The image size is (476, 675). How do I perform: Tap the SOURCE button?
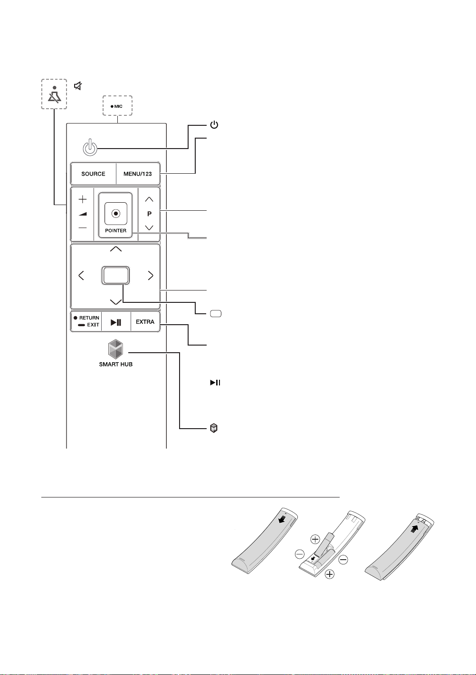click(93, 174)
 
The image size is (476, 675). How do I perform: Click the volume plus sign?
click(82, 199)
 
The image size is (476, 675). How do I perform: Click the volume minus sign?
click(82, 228)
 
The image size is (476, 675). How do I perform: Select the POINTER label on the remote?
click(115, 231)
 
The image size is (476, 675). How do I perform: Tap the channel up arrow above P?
click(149, 199)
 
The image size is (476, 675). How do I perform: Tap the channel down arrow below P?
click(149, 227)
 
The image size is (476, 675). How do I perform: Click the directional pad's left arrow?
click(81, 275)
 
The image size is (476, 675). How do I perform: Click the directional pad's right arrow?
click(151, 275)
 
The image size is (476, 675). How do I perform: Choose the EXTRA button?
click(145, 322)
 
